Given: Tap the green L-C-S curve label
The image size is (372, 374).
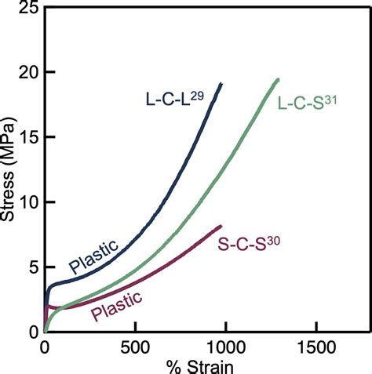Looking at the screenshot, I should click(307, 102).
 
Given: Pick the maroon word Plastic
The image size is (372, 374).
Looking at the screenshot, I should click(116, 306).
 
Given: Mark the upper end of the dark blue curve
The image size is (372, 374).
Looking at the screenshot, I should click(222, 83).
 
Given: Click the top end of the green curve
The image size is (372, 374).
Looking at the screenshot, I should click(278, 78).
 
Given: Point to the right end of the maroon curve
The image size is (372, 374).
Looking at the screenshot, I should click(221, 226).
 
